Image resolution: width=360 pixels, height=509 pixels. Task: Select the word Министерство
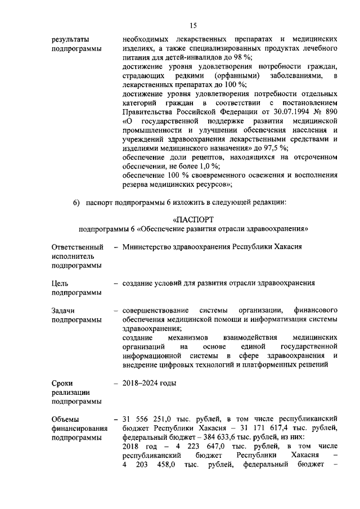click(151, 247)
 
